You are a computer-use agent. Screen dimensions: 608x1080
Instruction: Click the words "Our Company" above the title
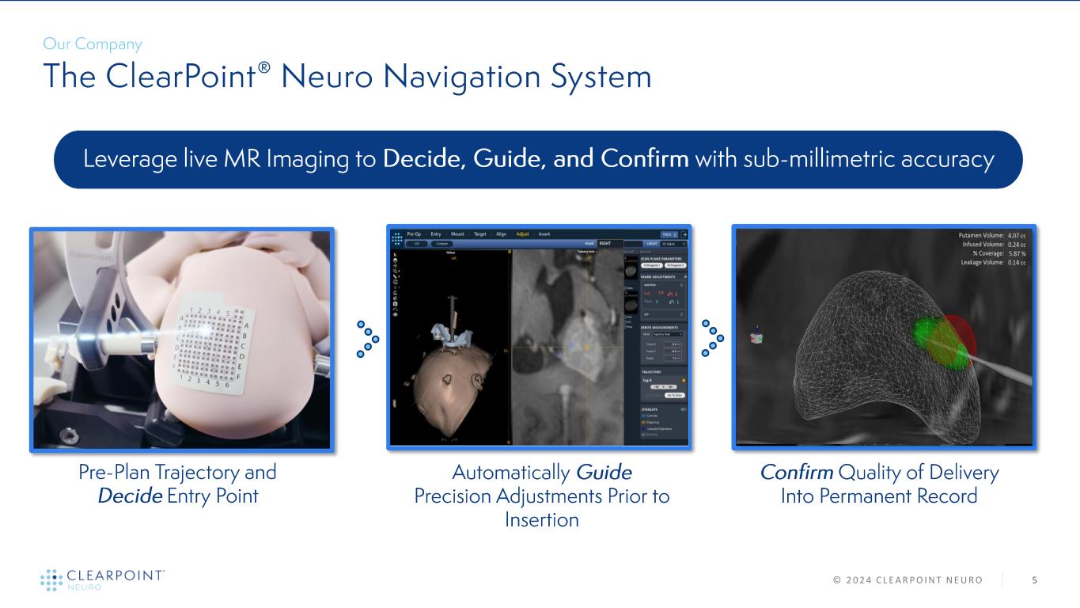click(93, 44)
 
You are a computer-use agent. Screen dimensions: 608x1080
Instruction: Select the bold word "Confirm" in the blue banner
click(645, 159)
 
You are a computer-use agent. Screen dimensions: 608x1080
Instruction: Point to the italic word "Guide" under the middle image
click(604, 473)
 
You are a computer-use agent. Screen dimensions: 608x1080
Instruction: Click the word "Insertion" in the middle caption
click(542, 520)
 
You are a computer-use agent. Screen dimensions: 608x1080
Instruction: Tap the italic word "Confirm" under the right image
click(795, 473)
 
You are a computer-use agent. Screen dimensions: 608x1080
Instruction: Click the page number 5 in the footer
click(1034, 580)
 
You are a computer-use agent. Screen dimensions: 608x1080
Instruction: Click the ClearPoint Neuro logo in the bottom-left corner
click(102, 579)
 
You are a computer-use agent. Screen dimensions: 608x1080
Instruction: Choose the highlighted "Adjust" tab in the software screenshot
click(522, 234)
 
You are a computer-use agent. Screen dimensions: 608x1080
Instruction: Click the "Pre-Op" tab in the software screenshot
click(415, 234)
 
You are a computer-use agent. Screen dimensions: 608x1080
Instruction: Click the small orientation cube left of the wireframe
click(757, 337)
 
